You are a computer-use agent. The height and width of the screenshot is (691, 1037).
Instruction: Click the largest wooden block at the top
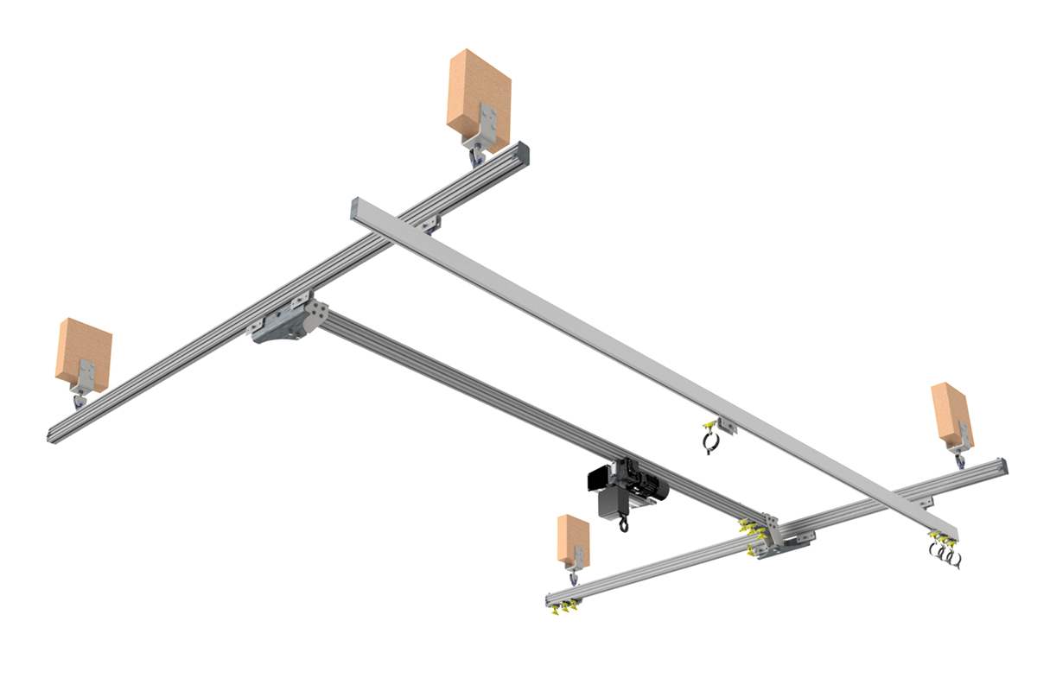(478, 91)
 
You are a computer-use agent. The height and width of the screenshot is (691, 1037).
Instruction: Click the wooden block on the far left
(84, 350)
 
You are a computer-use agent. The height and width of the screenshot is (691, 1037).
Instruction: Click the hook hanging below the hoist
(624, 523)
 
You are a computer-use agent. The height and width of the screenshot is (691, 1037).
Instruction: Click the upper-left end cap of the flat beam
(357, 208)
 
